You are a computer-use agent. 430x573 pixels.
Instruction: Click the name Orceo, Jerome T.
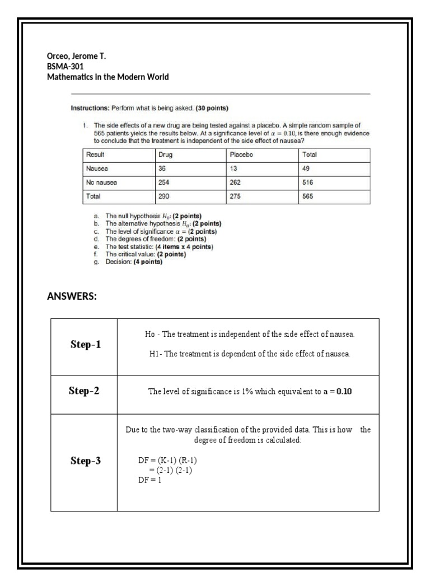point(76,56)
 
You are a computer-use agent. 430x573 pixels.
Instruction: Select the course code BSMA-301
point(65,66)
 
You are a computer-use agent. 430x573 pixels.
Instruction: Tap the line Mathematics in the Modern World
point(107,77)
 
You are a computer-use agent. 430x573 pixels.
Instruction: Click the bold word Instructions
point(90,107)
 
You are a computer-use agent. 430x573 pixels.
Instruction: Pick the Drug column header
point(166,154)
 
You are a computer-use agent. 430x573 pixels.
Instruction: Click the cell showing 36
point(163,168)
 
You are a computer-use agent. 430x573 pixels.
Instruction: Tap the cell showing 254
point(165,183)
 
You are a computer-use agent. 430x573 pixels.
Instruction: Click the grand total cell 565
point(308,197)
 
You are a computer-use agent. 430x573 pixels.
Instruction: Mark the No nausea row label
point(101,183)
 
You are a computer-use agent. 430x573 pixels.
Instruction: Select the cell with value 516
point(308,183)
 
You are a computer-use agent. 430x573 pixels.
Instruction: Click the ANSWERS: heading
point(72,297)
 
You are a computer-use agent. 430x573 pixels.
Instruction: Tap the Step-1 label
point(86,345)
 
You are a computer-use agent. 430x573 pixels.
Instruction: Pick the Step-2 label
point(84,391)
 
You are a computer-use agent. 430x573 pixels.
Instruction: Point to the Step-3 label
point(86,461)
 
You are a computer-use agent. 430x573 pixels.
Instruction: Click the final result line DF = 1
point(149,480)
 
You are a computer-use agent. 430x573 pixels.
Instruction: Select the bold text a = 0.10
point(338,392)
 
